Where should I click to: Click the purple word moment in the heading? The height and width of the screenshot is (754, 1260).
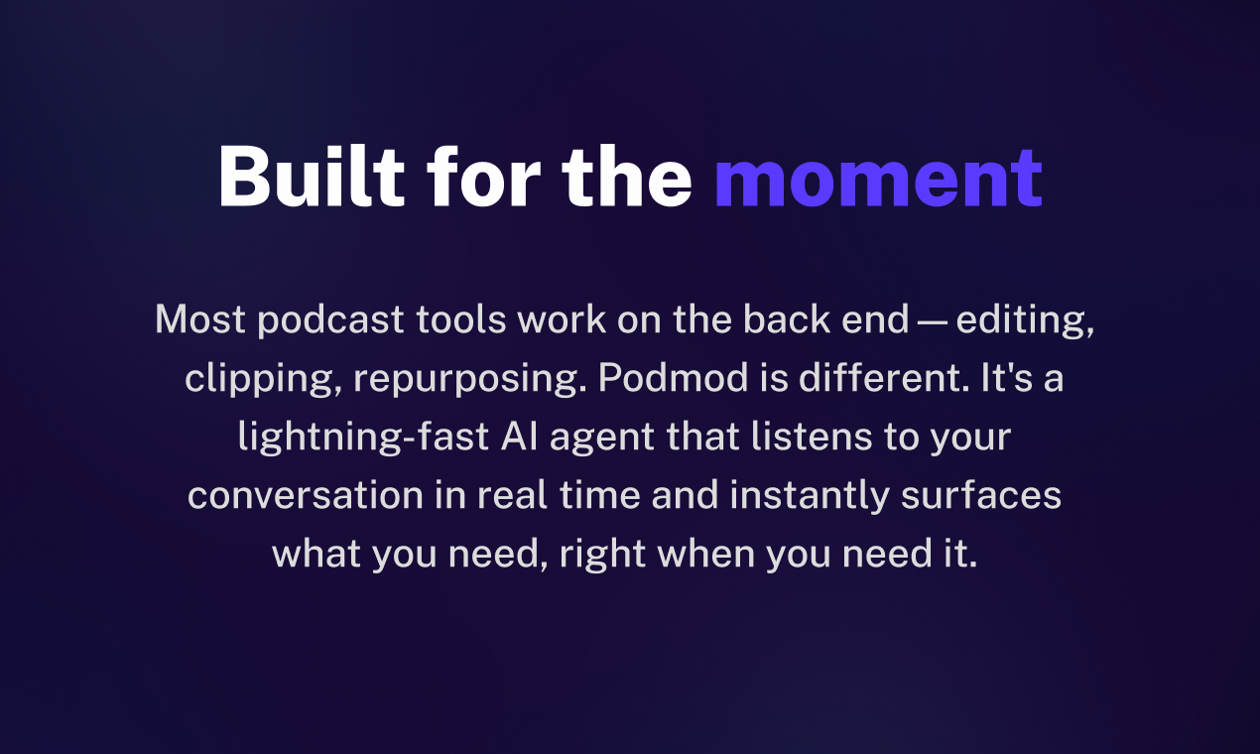pos(879,178)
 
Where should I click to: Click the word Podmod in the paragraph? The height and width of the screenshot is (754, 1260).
pos(674,377)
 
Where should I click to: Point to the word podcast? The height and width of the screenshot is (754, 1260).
pos(330,320)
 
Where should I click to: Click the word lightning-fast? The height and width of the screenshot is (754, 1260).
pos(363,438)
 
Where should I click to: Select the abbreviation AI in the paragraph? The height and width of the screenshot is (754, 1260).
pos(520,437)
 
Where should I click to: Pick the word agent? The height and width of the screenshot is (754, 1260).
pos(602,439)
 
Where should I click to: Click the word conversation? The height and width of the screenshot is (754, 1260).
pos(306,496)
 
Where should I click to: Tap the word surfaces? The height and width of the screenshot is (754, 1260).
pos(981,494)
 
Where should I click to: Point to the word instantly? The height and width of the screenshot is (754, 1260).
pos(810,496)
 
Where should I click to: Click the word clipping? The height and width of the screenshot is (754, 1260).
pos(263,379)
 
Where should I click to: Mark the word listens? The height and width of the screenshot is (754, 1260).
pos(812,437)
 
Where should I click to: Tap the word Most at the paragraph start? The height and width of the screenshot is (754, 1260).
pos(200,319)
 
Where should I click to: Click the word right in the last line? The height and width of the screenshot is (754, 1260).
pos(602,555)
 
